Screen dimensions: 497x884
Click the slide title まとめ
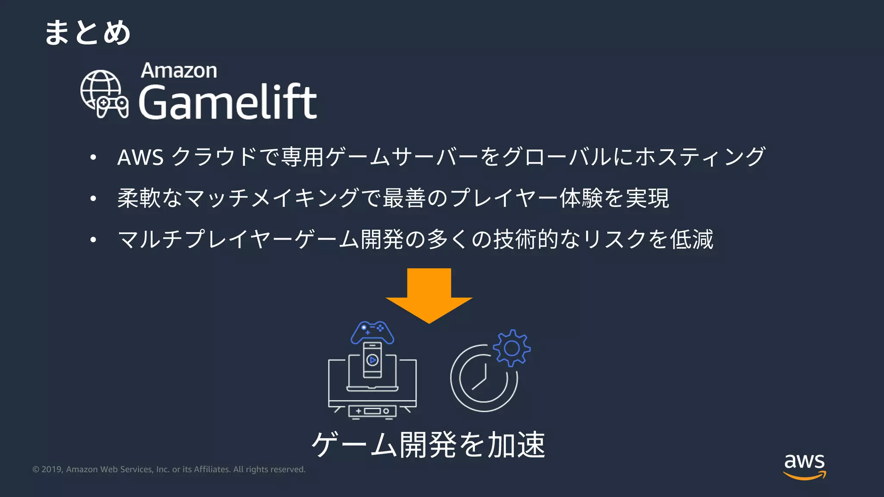87,33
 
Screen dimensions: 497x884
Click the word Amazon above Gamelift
179,71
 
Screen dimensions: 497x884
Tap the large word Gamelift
227,102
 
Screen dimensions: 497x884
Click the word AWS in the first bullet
140,157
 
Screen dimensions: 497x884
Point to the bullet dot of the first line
93,157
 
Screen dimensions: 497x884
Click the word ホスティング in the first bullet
700,157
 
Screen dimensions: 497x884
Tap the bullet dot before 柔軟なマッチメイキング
93,198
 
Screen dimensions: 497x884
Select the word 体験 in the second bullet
581,198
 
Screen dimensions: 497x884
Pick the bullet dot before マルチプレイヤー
93,239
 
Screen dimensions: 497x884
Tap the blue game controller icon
372,332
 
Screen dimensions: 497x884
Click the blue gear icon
511,348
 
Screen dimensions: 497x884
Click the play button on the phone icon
372,360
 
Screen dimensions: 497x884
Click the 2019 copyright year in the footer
52,469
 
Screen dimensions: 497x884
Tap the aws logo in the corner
804,466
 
